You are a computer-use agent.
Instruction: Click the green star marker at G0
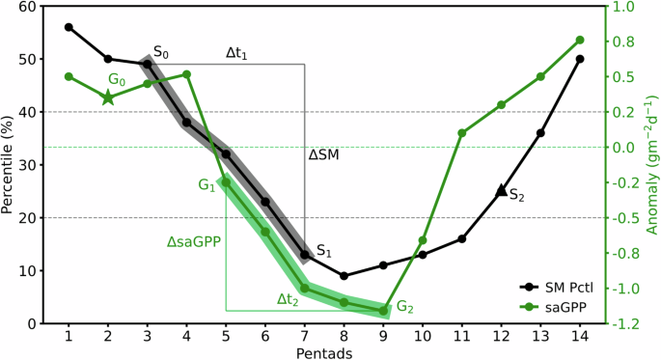coord(108,97)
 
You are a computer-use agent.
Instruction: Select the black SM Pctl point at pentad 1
coord(69,27)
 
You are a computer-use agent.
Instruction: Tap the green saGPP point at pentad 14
coord(580,41)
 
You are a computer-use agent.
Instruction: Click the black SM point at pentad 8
coord(344,276)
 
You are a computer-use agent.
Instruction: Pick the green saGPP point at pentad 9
coord(383,310)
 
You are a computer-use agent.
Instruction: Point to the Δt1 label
coord(236,54)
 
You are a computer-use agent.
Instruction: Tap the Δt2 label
coord(289,298)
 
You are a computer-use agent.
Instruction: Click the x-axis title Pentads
coord(324,353)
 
